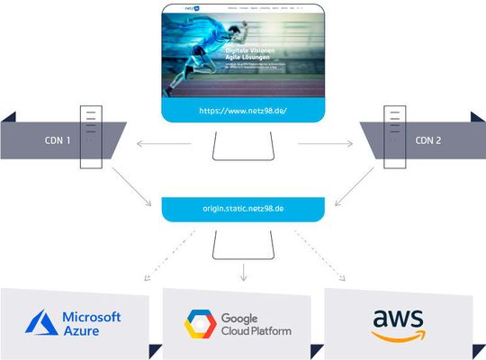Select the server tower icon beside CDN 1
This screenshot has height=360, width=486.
(90, 137)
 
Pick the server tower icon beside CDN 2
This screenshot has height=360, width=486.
(394, 137)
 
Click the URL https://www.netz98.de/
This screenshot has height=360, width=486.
(242, 112)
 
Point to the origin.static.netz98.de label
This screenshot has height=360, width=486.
(242, 209)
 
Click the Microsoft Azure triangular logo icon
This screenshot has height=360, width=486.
(42, 323)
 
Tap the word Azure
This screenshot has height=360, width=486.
(82, 331)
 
